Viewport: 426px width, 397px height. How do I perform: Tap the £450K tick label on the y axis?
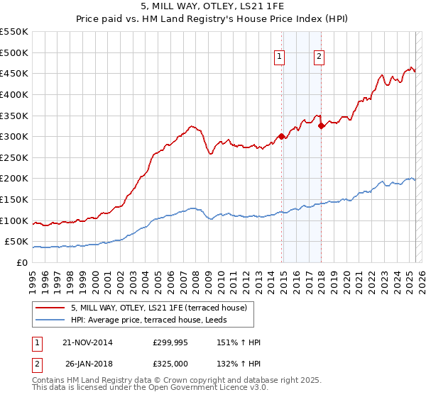15,73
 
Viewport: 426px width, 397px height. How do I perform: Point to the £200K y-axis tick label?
15,179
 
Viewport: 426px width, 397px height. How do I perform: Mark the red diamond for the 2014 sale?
282,136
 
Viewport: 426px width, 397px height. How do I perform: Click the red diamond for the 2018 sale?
322,125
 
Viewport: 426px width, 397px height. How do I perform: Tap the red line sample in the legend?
51,308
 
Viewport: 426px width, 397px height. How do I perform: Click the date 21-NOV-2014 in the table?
88,342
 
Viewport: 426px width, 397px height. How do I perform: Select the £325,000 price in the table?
170,364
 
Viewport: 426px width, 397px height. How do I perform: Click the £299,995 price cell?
170,342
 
